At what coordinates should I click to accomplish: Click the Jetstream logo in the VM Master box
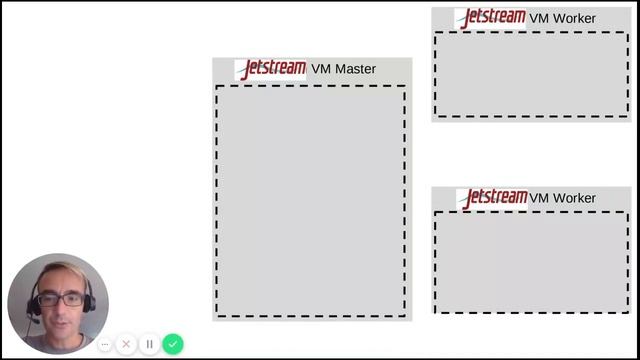coord(271,69)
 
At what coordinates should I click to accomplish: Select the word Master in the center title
coord(356,69)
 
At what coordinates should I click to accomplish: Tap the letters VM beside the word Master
coord(321,69)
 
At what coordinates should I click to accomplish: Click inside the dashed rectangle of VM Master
coord(310,200)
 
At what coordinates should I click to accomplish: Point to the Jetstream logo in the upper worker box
coord(490,18)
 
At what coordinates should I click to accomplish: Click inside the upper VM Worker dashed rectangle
coord(532,74)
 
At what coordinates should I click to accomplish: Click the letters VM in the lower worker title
coord(539,198)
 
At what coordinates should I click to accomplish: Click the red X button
coord(126,344)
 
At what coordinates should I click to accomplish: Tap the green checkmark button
coord(173,344)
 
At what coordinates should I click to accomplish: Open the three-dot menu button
coord(104,344)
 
